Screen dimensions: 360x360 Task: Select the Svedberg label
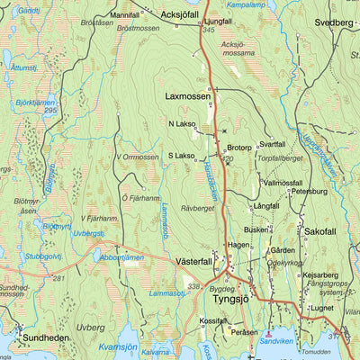point(334,22)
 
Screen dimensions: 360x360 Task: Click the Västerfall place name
point(192,261)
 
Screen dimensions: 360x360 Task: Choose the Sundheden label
point(45,337)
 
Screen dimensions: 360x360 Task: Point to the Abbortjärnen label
point(121,257)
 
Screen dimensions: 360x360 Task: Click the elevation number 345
point(209,31)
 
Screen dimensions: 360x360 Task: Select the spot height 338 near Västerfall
point(192,286)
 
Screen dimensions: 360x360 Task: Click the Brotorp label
point(238,148)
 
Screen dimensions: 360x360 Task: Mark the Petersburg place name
point(309,191)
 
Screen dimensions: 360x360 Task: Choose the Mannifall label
point(124,15)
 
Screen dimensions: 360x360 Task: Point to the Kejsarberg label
point(320,275)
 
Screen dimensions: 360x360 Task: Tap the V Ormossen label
point(137,157)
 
